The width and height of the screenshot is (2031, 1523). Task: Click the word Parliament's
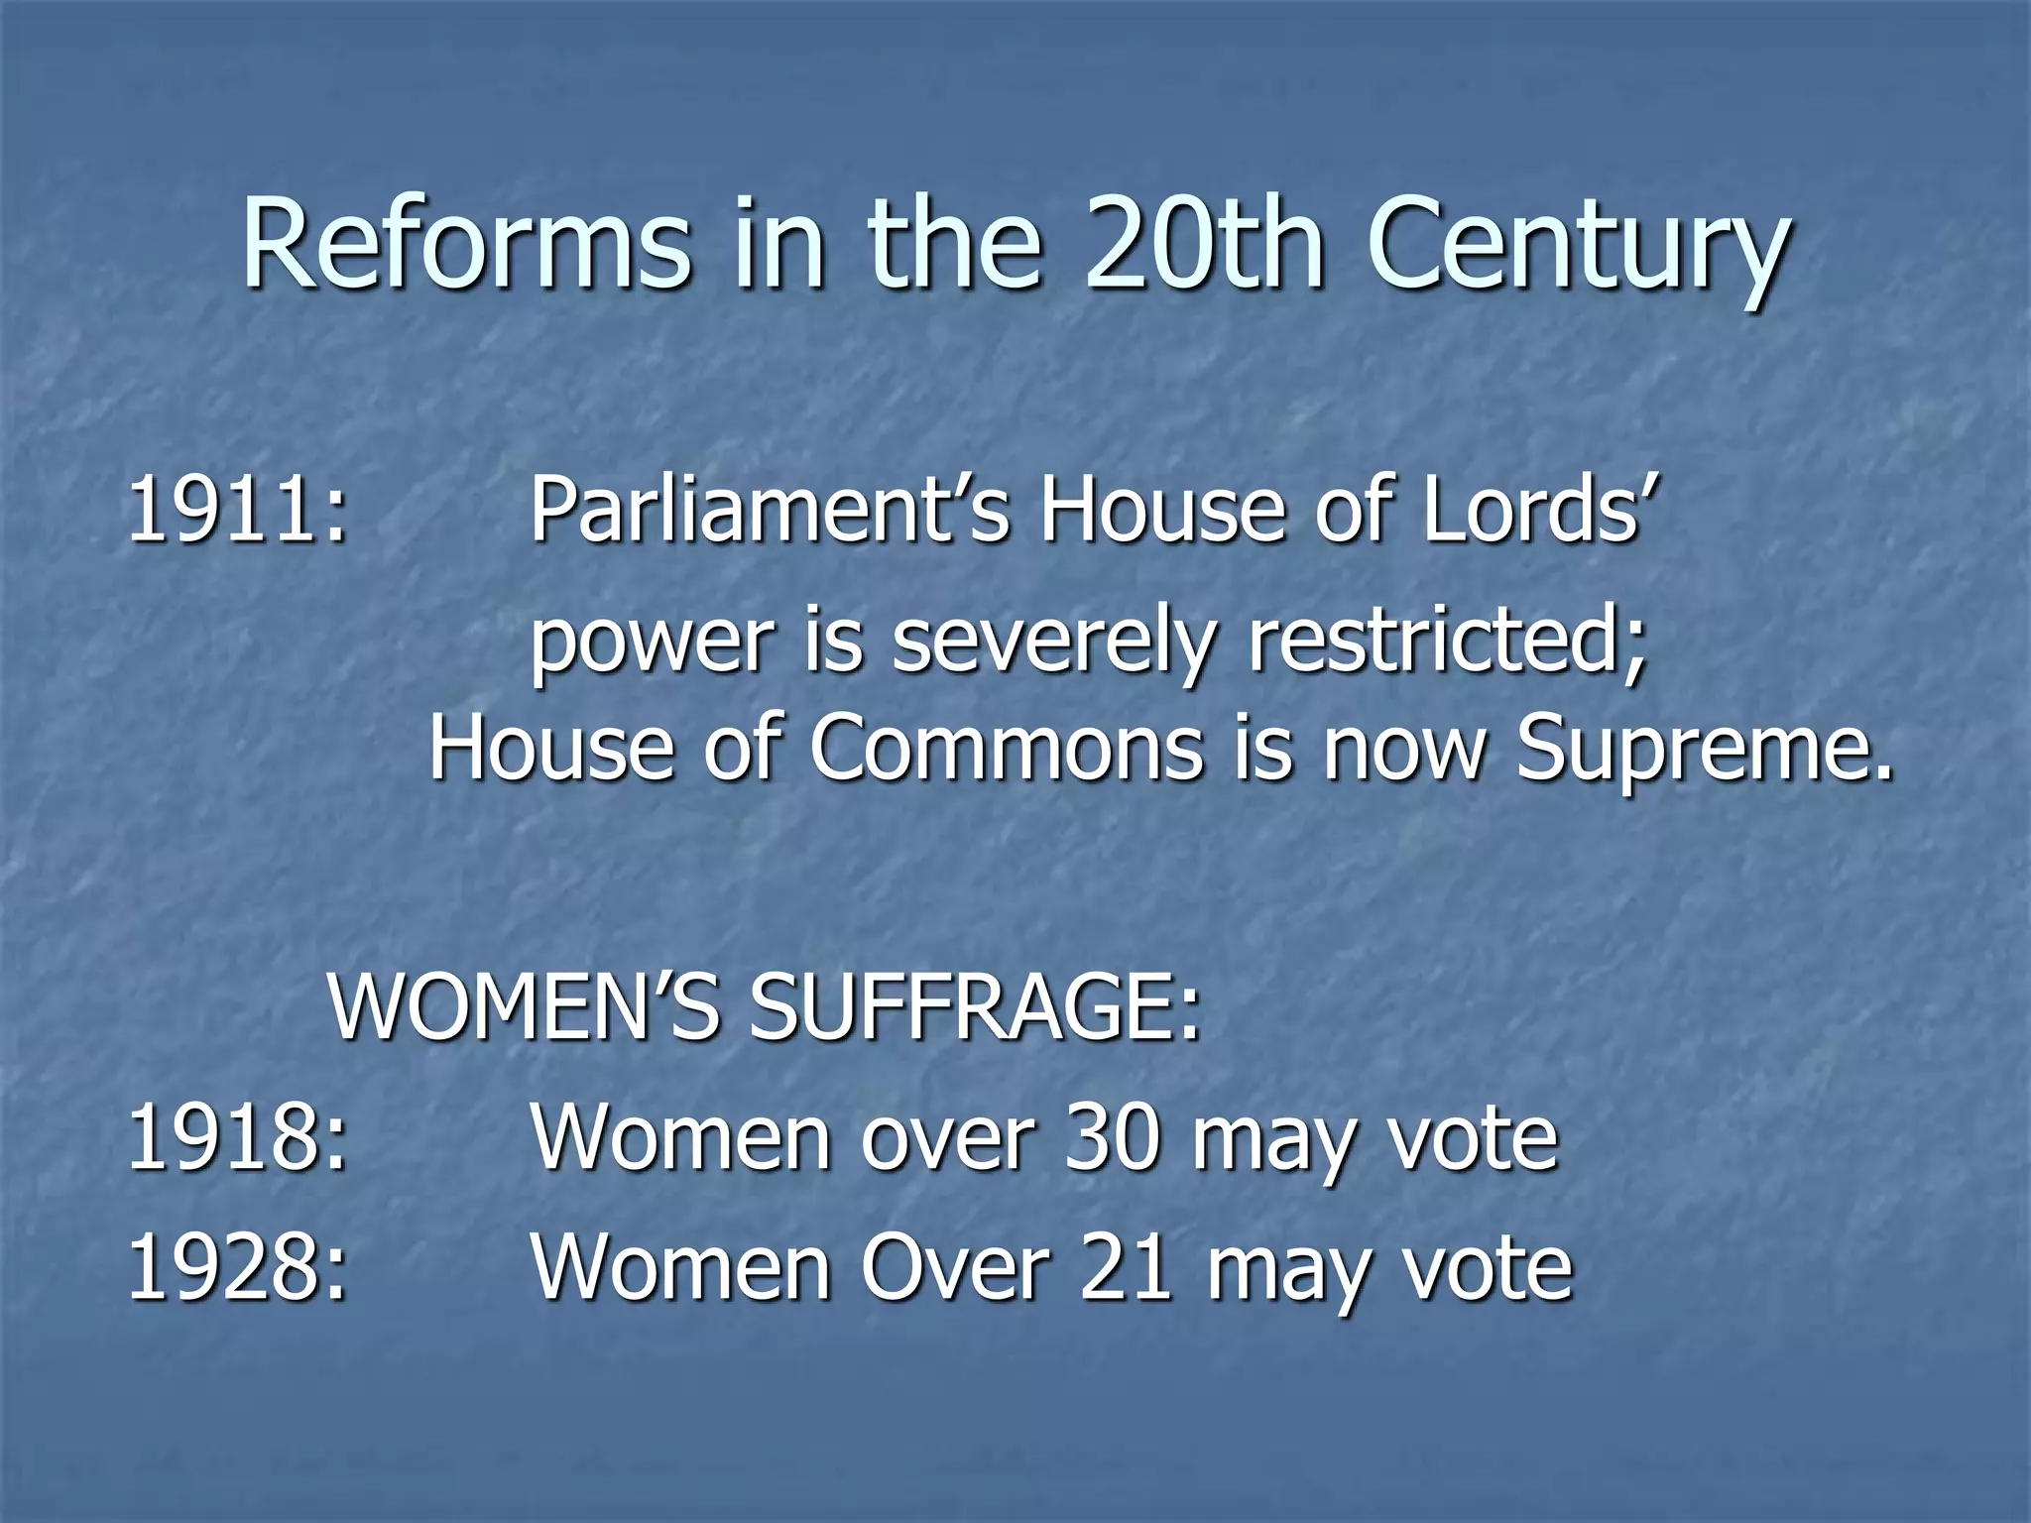tap(770, 511)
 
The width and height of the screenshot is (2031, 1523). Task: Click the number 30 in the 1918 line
tap(1112, 1138)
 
